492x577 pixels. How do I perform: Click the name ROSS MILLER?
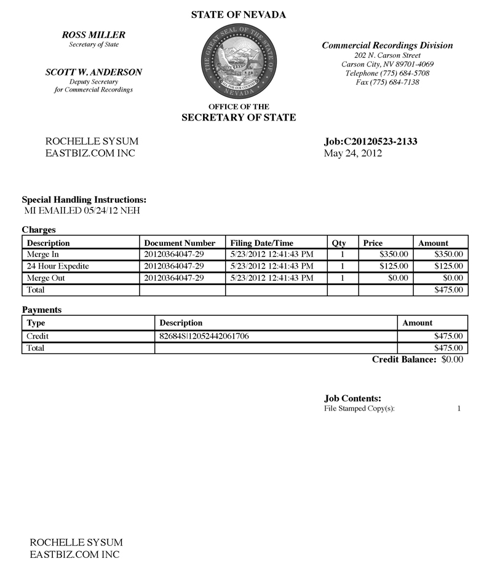tap(94, 35)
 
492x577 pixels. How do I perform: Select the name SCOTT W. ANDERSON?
tap(93, 72)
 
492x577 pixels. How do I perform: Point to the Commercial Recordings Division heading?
tap(387, 45)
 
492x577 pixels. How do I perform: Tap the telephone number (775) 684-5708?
tap(387, 73)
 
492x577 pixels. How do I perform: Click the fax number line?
tap(387, 82)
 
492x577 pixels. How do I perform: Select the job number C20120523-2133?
tap(370, 142)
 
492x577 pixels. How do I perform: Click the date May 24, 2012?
tap(352, 154)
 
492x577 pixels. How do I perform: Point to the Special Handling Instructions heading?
tap(84, 200)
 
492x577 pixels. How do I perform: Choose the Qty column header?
tap(339, 243)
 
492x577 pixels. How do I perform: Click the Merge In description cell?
tap(42, 254)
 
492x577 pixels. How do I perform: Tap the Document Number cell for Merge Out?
tap(173, 278)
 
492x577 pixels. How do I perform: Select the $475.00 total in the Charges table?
tap(448, 289)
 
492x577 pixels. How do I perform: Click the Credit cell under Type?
tap(38, 336)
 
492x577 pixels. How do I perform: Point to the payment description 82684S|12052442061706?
tap(204, 336)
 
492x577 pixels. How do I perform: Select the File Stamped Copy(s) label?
tap(359, 409)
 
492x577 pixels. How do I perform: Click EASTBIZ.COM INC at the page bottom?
tap(74, 554)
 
